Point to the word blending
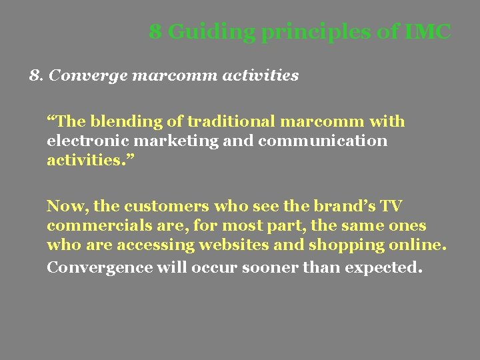(x=120, y=122)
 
